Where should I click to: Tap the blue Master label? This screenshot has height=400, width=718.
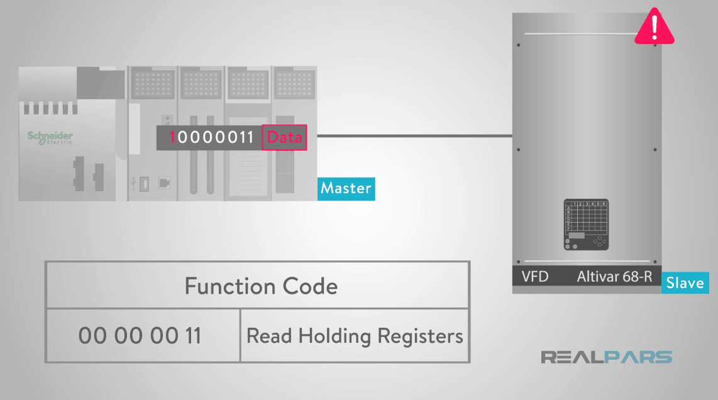[x=346, y=188]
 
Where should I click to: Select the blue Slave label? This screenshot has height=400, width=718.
[x=685, y=283]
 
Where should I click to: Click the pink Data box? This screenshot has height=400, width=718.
[x=284, y=138]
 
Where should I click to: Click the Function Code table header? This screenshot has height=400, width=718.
[x=261, y=286]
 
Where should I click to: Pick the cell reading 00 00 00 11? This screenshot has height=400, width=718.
[x=140, y=336]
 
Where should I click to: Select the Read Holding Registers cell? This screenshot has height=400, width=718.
[x=355, y=336]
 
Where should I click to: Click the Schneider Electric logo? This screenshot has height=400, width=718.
[x=50, y=138]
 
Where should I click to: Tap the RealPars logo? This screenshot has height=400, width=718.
[x=606, y=357]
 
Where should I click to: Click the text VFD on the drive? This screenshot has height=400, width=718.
[x=535, y=277]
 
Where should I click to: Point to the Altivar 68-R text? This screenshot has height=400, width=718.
[x=614, y=277]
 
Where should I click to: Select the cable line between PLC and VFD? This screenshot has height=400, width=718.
[x=415, y=135]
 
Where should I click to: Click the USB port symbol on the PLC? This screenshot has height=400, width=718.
[x=133, y=183]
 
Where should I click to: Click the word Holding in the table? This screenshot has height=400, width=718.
[x=335, y=336]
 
